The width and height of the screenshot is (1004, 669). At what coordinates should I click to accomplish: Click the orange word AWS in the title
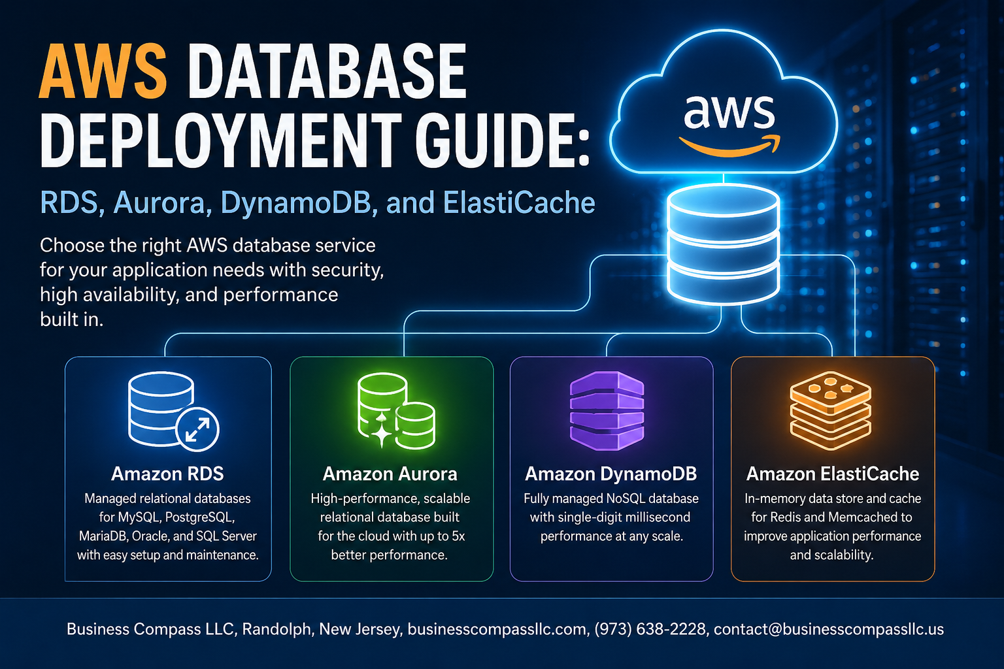(x=103, y=72)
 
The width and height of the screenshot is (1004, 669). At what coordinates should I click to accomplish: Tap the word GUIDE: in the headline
(x=502, y=140)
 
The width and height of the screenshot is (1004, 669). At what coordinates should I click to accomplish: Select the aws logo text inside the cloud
(x=729, y=112)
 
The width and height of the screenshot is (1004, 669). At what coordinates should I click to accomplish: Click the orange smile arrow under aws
(x=729, y=146)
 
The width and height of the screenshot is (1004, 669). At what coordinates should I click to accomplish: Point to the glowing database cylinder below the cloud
(x=724, y=244)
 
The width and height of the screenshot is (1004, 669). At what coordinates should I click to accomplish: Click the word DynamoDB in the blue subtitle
(x=296, y=203)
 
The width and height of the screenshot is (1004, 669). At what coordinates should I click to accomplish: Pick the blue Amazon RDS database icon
(x=173, y=411)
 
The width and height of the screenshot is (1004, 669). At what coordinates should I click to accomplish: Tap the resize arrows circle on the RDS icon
(x=197, y=429)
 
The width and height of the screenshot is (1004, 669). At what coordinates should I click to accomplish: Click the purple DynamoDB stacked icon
(x=607, y=410)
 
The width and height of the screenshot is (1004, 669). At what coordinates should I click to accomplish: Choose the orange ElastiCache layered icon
(x=831, y=410)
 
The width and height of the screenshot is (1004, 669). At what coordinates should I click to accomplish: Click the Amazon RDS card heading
(x=167, y=474)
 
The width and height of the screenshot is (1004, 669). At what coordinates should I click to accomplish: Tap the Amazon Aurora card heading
(x=390, y=474)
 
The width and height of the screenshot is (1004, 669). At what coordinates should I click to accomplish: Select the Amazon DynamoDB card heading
(x=611, y=474)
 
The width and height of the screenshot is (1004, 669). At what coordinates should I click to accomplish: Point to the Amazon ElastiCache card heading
(x=833, y=474)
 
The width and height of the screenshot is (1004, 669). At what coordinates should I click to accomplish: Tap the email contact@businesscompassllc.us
(x=829, y=629)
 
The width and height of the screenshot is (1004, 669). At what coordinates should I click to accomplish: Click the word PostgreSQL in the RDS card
(x=200, y=517)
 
